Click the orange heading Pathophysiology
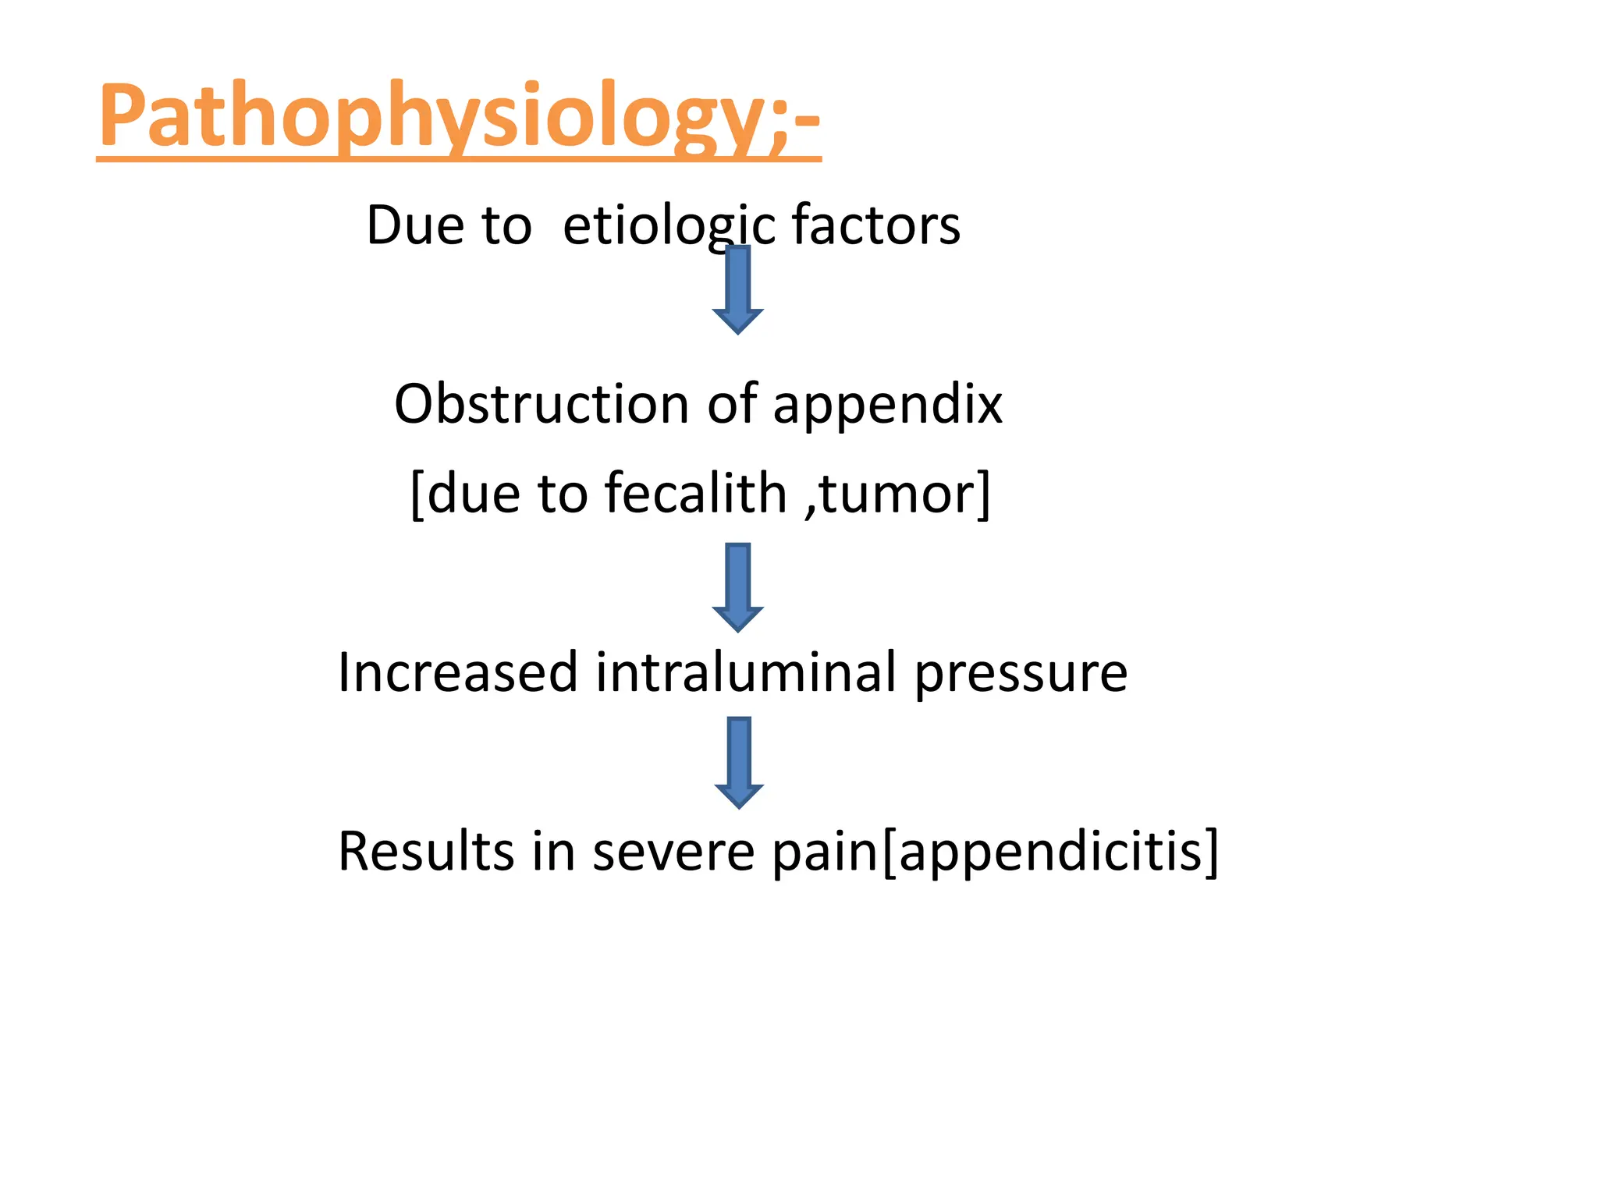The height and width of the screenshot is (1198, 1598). pyautogui.click(x=459, y=117)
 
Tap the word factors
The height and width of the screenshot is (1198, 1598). pyautogui.click(x=875, y=225)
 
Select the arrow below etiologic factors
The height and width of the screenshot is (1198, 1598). pyautogui.click(x=737, y=289)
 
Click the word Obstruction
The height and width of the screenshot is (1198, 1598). pyautogui.click(x=541, y=404)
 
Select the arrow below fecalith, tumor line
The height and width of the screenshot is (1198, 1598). pyautogui.click(x=737, y=587)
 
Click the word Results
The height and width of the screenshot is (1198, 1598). pyautogui.click(x=426, y=851)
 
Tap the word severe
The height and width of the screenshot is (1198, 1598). pyautogui.click(x=673, y=852)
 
